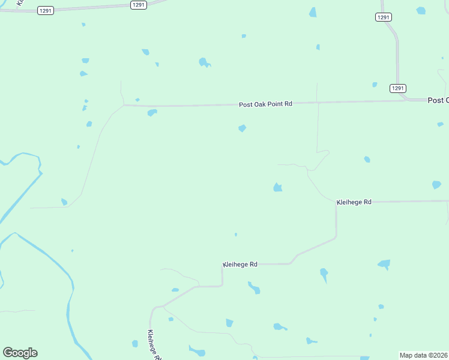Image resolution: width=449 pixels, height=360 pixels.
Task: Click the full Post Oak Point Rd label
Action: pyautogui.click(x=265, y=104)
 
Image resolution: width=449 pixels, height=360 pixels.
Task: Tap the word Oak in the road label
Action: pyautogui.click(x=262, y=104)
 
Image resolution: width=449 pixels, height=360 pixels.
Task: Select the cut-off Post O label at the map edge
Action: pyautogui.click(x=438, y=100)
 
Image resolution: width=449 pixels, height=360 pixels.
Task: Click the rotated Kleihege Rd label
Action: pyautogui.click(x=154, y=345)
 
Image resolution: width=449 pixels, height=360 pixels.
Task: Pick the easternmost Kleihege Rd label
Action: pyautogui.click(x=354, y=202)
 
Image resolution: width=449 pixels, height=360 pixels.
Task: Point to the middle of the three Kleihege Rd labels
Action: pyautogui.click(x=240, y=264)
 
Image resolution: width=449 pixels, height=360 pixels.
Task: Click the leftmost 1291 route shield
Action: pyautogui.click(x=45, y=10)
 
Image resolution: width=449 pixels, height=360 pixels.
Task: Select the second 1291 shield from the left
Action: pyautogui.click(x=139, y=4)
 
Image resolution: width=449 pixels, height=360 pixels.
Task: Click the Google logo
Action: pyautogui.click(x=20, y=353)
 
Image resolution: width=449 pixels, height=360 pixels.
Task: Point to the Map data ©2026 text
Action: pyautogui.click(x=424, y=355)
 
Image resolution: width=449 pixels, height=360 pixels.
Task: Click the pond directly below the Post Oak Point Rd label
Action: pyautogui.click(x=242, y=128)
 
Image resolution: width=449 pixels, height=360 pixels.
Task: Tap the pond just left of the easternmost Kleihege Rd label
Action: pyautogui.click(x=277, y=188)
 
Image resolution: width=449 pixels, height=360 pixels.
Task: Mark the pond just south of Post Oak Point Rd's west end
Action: pyautogui.click(x=152, y=112)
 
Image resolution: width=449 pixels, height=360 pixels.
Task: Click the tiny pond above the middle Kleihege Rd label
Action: pyautogui.click(x=235, y=234)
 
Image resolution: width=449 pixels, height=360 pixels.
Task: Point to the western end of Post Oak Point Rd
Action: pyautogui.click(x=124, y=106)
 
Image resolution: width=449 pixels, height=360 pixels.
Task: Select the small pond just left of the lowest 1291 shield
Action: pyautogui.click(x=375, y=85)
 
